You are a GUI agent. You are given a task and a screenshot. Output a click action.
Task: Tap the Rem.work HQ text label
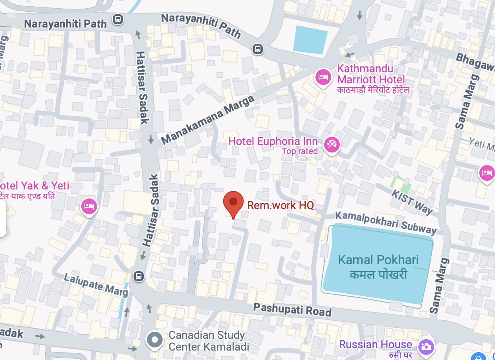point(280,205)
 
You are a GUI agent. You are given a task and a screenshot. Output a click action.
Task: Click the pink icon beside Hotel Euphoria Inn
point(332,145)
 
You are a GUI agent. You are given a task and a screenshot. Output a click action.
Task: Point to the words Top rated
point(299,151)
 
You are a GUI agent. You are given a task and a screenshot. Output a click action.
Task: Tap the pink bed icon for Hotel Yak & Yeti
point(89,206)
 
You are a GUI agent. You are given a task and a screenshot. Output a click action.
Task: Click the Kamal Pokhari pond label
point(378,266)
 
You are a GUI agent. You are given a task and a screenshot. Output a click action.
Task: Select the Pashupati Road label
point(292,309)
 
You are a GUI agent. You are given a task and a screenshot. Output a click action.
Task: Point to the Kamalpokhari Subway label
point(385,222)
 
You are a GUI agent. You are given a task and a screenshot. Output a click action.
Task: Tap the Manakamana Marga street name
point(208,120)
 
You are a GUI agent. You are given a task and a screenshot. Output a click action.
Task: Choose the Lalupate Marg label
point(96,285)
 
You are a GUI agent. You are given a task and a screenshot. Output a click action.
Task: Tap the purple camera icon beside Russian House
point(426,346)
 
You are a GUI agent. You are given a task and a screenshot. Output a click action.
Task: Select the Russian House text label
point(375,345)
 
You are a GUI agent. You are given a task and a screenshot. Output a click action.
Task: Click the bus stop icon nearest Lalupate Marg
point(138,276)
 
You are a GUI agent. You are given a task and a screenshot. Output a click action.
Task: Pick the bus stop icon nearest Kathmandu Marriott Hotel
point(257,49)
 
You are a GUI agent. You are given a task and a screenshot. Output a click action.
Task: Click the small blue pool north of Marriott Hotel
point(310,40)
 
